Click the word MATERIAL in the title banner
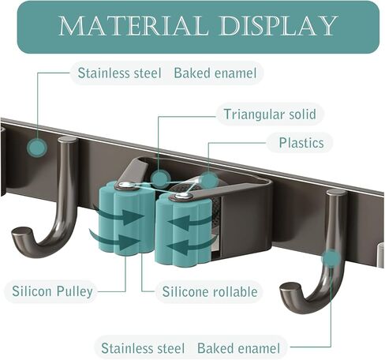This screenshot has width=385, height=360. click(133, 26)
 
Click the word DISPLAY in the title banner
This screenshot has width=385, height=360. click(279, 26)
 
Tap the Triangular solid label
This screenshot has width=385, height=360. click(270, 114)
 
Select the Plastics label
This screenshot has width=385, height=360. click(301, 143)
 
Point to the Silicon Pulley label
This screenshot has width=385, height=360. click(52, 291)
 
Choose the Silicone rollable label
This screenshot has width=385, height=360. click(210, 291)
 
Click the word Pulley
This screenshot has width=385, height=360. click(75, 291)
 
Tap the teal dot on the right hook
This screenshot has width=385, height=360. click(331, 259)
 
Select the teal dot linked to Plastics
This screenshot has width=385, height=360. click(209, 181)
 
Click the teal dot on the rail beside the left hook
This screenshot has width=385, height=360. click(37, 147)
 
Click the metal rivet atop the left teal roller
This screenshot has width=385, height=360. click(125, 186)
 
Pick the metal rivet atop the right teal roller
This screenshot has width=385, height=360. click(182, 196)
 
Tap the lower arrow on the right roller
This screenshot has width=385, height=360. click(190, 246)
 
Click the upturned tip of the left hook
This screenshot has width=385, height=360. click(21, 233)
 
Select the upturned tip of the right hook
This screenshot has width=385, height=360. click(289, 288)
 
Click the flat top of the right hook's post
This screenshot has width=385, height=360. click(337, 193)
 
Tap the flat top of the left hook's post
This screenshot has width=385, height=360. click(68, 140)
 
